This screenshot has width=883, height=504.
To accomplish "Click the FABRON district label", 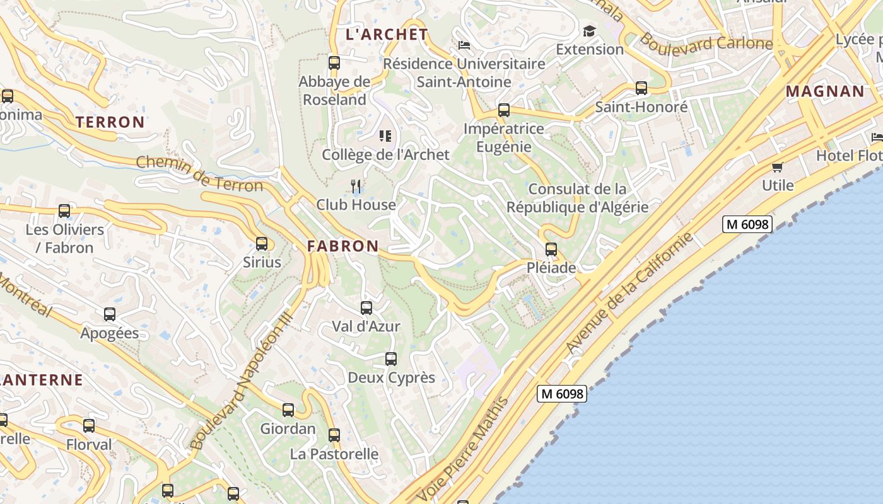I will (x=343, y=246).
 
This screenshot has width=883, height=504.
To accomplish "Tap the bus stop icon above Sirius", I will (x=262, y=243).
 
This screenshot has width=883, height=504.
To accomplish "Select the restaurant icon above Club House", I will (x=356, y=186).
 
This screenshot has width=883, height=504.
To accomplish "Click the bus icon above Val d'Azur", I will (x=366, y=308).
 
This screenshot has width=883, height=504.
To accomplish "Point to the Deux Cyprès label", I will (x=392, y=378).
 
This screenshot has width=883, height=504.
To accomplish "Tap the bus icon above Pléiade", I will (x=551, y=249).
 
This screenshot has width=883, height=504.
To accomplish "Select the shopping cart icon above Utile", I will (x=777, y=167).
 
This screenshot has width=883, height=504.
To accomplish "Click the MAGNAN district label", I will (x=825, y=91).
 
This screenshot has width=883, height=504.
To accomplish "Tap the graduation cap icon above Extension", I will (x=589, y=31).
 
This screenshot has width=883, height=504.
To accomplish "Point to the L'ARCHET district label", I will (x=387, y=35).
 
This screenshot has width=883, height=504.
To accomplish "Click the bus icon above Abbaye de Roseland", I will (x=334, y=63).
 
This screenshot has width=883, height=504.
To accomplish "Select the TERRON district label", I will (x=110, y=122).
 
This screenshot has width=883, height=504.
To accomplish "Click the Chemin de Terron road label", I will (x=199, y=175).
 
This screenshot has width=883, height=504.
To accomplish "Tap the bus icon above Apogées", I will (x=110, y=314).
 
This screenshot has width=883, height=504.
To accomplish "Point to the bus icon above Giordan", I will (x=288, y=410).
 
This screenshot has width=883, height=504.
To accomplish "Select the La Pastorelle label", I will (x=334, y=454).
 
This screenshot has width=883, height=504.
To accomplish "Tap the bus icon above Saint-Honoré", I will (x=641, y=88).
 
